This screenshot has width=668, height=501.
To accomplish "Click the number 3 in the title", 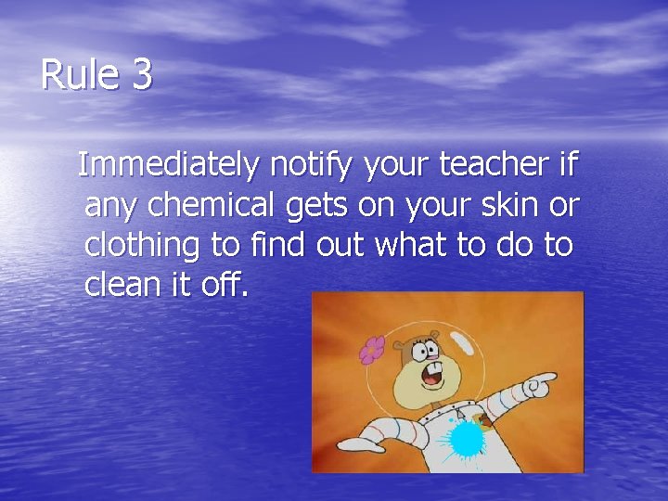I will tap(142, 75).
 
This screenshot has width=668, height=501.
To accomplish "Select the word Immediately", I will tap(169, 165).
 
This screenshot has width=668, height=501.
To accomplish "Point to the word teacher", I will tap(495, 165).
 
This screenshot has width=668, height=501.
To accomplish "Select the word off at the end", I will tap(222, 285).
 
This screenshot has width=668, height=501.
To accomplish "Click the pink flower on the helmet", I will tap(372, 349).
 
